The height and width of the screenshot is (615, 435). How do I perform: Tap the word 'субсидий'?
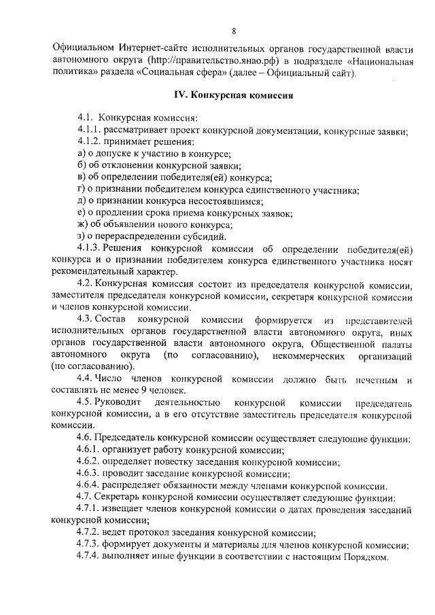tap(207, 236)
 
